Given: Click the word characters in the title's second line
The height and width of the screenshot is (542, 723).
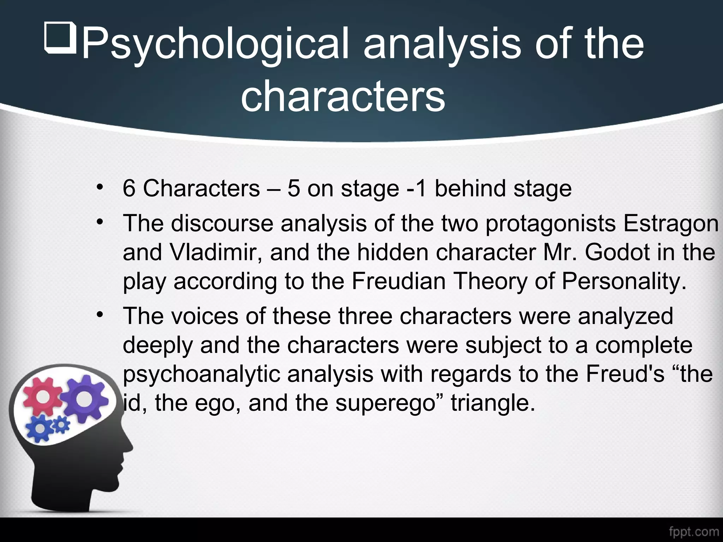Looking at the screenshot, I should (343, 95).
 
